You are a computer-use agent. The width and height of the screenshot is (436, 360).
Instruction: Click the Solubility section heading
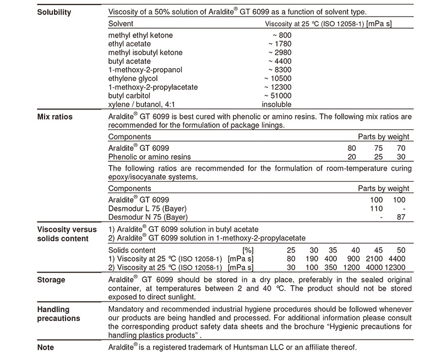pos(54,12)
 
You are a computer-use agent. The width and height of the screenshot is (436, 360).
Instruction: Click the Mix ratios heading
pos(54,117)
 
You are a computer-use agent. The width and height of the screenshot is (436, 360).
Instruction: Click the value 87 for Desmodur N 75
pos(401,217)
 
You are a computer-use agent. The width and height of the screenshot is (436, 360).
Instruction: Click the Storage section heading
pos(51,280)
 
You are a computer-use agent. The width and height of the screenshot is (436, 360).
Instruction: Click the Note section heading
pos(46,347)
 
